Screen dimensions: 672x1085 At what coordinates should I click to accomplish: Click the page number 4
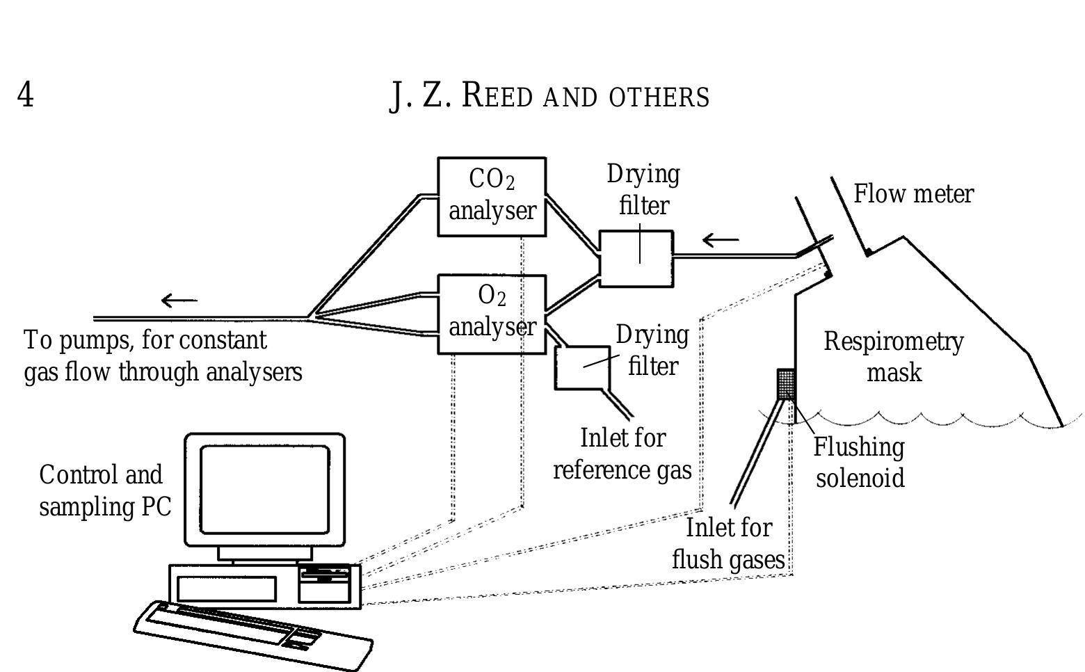point(25,95)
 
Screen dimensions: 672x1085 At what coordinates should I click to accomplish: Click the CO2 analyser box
point(491,196)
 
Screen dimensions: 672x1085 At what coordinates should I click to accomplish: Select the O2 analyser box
point(491,314)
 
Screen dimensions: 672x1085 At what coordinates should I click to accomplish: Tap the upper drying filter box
point(636,258)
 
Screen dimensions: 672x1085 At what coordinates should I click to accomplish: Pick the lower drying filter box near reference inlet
point(581,367)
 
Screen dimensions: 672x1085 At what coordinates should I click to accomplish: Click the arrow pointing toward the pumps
point(179,301)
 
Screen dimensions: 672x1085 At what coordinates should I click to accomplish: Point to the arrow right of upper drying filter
point(721,241)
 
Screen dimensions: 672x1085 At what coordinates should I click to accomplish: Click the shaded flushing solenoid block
point(786,384)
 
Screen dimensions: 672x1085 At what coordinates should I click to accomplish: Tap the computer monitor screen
point(264,488)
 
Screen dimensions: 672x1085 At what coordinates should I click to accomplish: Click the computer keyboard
point(253,634)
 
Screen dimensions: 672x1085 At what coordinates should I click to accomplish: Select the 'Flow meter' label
point(913,194)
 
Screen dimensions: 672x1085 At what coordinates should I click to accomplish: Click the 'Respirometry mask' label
point(894,357)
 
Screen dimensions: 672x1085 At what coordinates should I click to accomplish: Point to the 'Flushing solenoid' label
point(860,463)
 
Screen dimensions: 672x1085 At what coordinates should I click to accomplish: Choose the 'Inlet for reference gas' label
point(622,454)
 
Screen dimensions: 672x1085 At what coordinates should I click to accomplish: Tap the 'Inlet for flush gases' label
point(728,544)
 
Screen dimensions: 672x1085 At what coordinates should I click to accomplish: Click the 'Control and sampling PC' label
point(104,490)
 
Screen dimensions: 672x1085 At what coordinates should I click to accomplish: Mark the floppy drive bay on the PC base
point(324,575)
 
